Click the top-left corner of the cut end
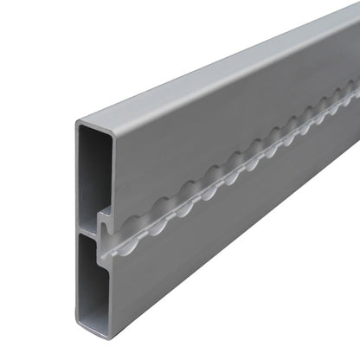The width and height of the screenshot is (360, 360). tap(77, 120)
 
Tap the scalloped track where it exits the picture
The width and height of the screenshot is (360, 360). tap(355, 87)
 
